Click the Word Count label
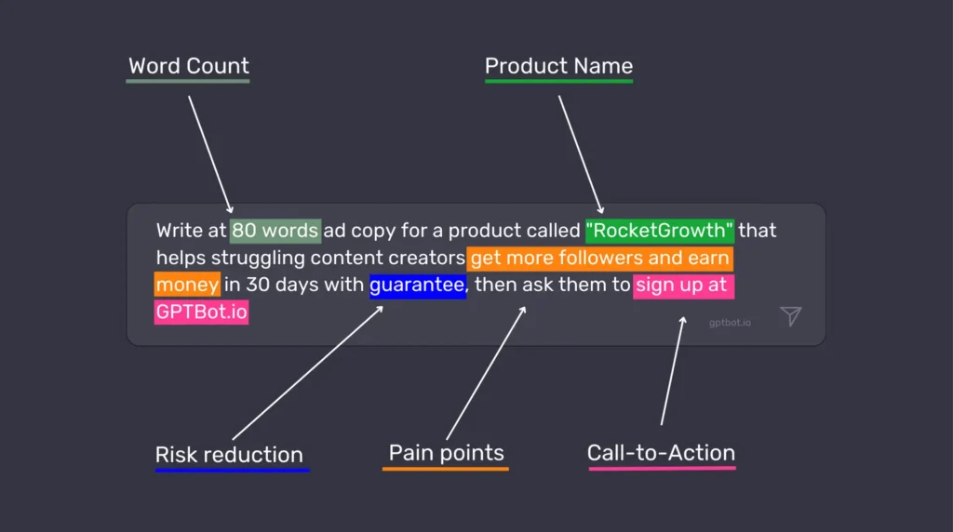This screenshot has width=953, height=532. pos(189,66)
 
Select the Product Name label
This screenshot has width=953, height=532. pos(558,66)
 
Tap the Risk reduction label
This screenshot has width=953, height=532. pos(229,455)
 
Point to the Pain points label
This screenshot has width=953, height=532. pos(446,453)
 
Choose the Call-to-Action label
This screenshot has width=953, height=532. pos(661,453)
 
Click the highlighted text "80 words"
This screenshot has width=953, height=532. pos(275,230)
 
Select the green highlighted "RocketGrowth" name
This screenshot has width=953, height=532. pos(660,230)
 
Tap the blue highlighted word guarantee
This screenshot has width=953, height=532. pos(417,285)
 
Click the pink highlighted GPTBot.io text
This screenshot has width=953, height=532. pos(202,312)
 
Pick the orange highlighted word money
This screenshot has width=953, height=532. pos(187,285)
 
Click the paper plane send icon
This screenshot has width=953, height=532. pos(790,316)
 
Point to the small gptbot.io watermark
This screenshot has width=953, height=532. pos(730,323)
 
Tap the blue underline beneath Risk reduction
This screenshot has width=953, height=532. pos(232,470)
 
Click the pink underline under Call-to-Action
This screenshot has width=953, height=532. pos(662,468)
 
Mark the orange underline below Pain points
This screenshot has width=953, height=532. pos(446,468)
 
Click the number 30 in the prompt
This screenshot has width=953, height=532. pos(258,285)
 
